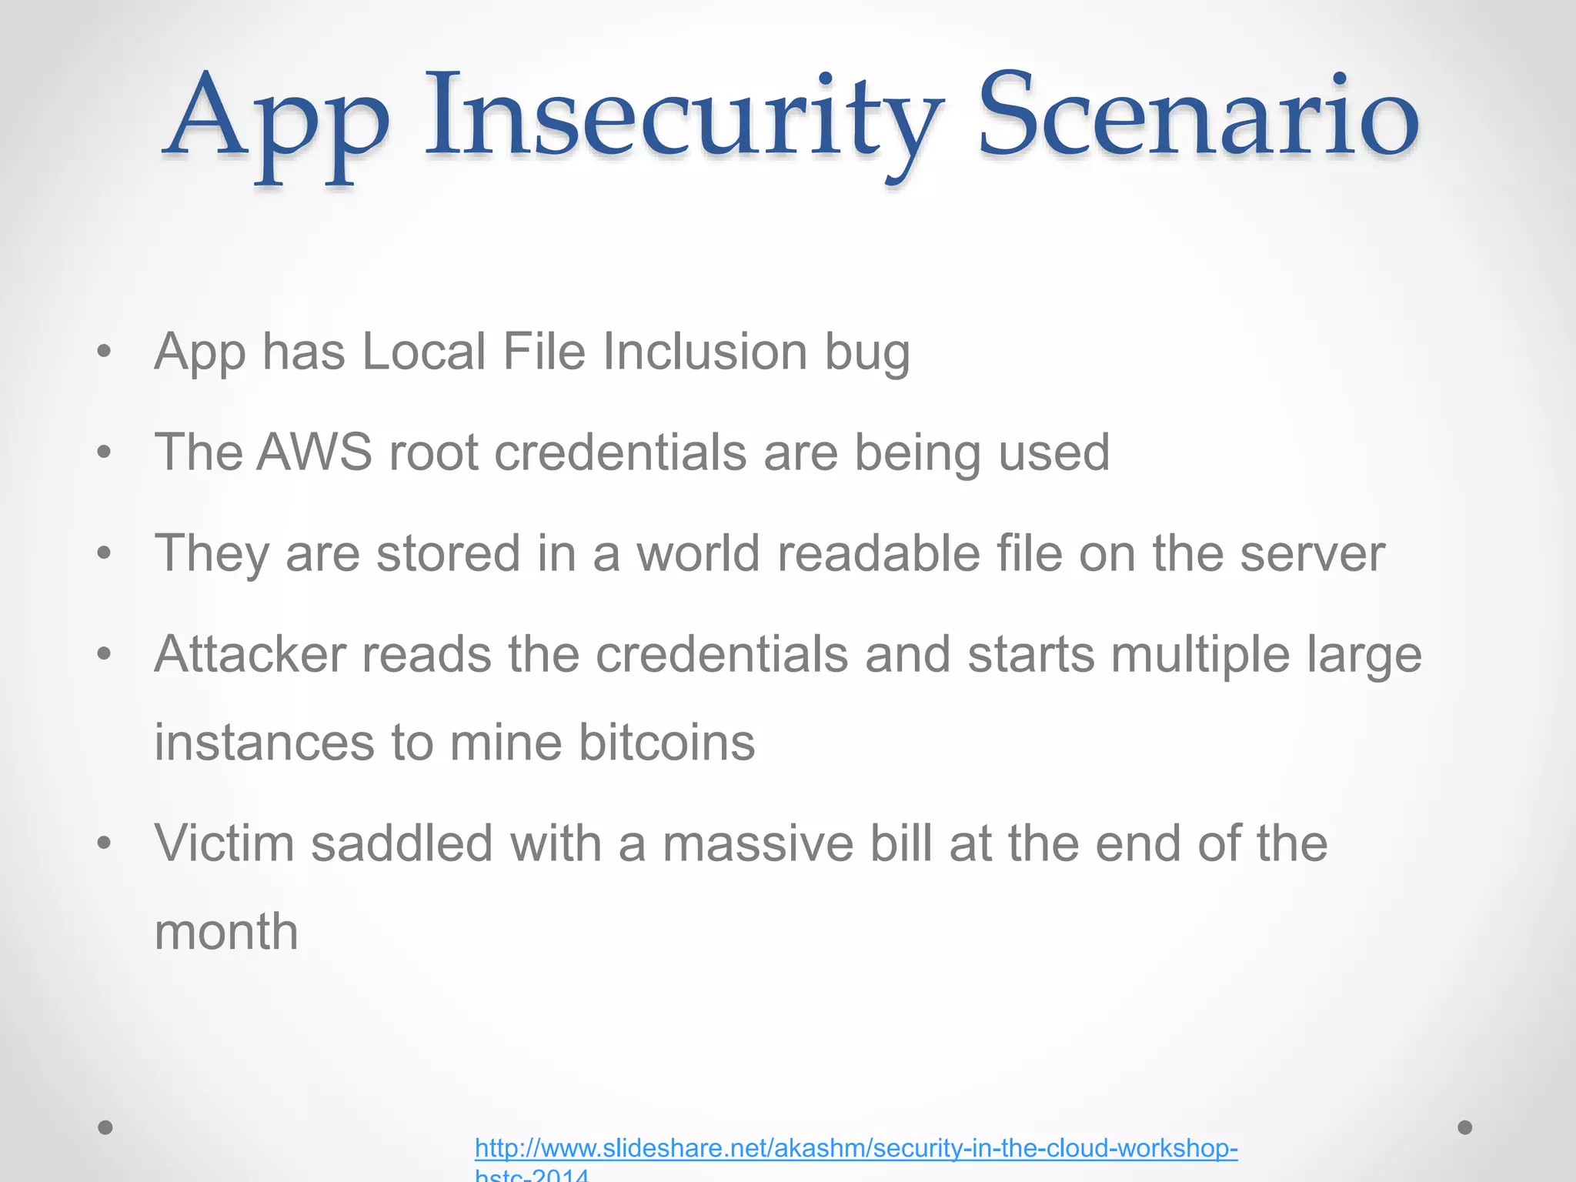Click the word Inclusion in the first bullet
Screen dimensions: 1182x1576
coord(705,352)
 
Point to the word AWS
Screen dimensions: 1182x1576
coord(314,452)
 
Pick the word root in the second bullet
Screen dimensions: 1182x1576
coord(434,452)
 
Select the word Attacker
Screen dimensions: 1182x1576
coord(250,654)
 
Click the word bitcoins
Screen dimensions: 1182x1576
coord(666,743)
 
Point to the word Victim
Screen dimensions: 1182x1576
coord(225,843)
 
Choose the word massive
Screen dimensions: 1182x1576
coord(758,843)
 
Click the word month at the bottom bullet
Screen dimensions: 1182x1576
coord(226,932)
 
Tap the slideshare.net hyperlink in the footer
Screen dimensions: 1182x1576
coord(856,1148)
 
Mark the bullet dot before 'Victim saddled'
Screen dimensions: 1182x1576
coord(105,844)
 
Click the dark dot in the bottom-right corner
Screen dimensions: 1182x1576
coord(1465,1127)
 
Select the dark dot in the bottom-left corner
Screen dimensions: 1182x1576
coord(105,1127)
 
